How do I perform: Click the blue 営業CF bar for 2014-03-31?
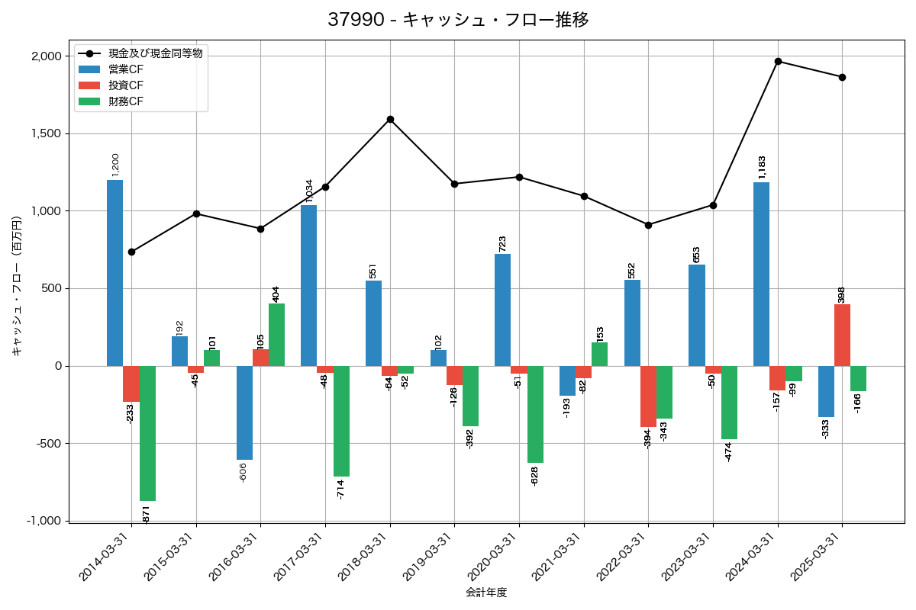pos(114,273)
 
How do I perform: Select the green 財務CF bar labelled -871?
pos(147,433)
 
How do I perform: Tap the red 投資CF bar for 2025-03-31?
pos(842,335)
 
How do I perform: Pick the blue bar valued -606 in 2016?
pos(244,413)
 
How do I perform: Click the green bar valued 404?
pos(276,335)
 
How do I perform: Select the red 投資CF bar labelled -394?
pos(648,396)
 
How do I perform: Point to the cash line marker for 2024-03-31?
pos(778,61)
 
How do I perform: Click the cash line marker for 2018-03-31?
pos(390,119)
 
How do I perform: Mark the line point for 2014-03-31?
pos(131,252)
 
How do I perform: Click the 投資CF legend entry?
pos(126,85)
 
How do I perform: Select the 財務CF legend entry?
pos(126,101)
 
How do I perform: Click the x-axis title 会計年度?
pos(486,592)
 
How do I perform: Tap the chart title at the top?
pos(458,20)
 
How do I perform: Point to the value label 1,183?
pos(762,168)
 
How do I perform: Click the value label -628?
pos(535,476)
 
